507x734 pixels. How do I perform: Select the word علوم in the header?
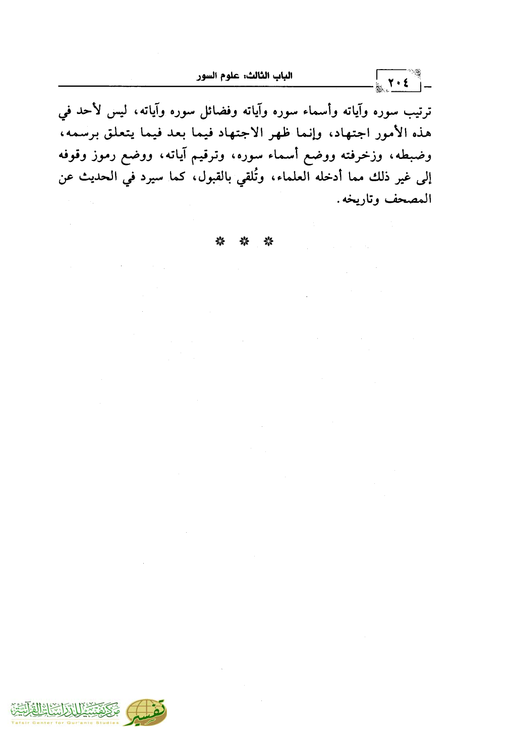(228, 76)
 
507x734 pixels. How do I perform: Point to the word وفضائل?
(219, 111)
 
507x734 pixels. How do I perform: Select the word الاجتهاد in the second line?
(241, 134)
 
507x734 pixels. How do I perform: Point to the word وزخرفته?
(361, 156)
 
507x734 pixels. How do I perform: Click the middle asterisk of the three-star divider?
(244, 242)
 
